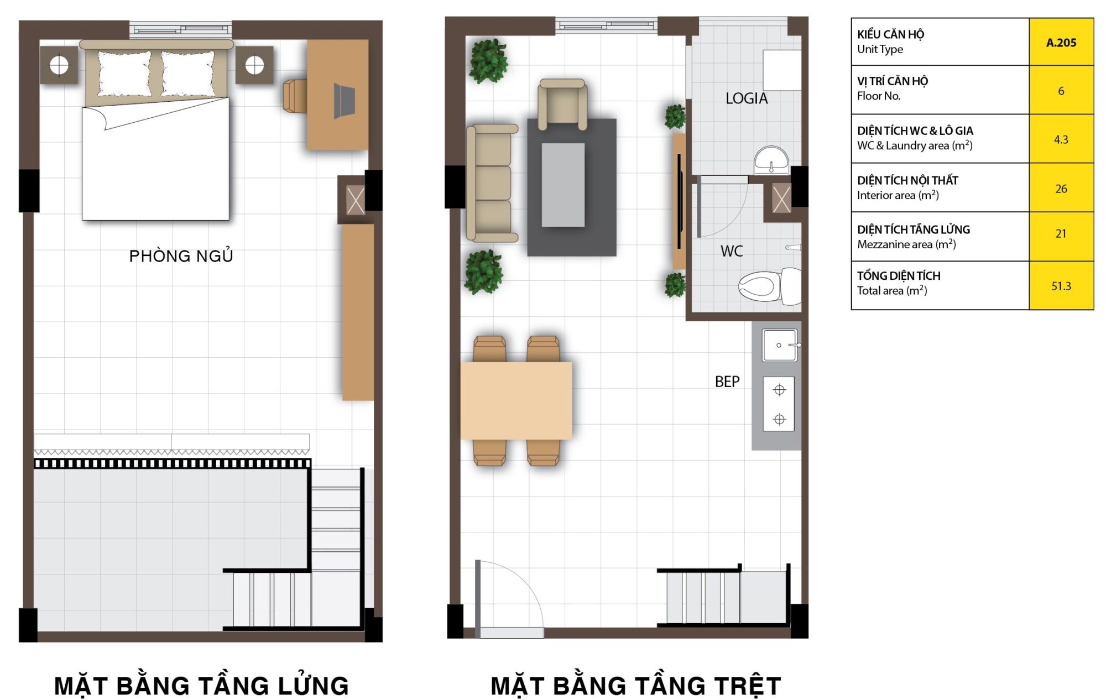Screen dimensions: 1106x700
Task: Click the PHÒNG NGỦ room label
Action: click(181, 256)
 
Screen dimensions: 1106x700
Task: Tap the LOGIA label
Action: click(747, 98)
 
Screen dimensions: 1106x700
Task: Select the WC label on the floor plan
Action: click(732, 251)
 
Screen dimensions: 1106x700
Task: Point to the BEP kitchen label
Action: click(727, 382)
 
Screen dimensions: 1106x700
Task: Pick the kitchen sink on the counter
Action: click(780, 345)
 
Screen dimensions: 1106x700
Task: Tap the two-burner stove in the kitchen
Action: click(779, 404)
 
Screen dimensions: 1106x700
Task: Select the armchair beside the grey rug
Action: click(562, 105)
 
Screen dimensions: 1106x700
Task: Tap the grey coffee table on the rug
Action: click(563, 185)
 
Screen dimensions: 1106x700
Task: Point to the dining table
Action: click(516, 400)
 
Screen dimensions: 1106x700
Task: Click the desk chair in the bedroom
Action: click(295, 96)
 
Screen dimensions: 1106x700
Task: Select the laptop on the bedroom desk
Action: click(344, 101)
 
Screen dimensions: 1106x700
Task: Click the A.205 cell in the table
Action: click(1061, 43)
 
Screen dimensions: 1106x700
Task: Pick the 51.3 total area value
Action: click(1061, 286)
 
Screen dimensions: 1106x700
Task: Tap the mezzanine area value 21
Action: click(1061, 234)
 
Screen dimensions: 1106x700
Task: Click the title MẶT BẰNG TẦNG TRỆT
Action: click(636, 686)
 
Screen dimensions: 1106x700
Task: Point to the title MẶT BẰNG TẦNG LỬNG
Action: click(201, 686)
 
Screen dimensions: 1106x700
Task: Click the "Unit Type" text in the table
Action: click(880, 49)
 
